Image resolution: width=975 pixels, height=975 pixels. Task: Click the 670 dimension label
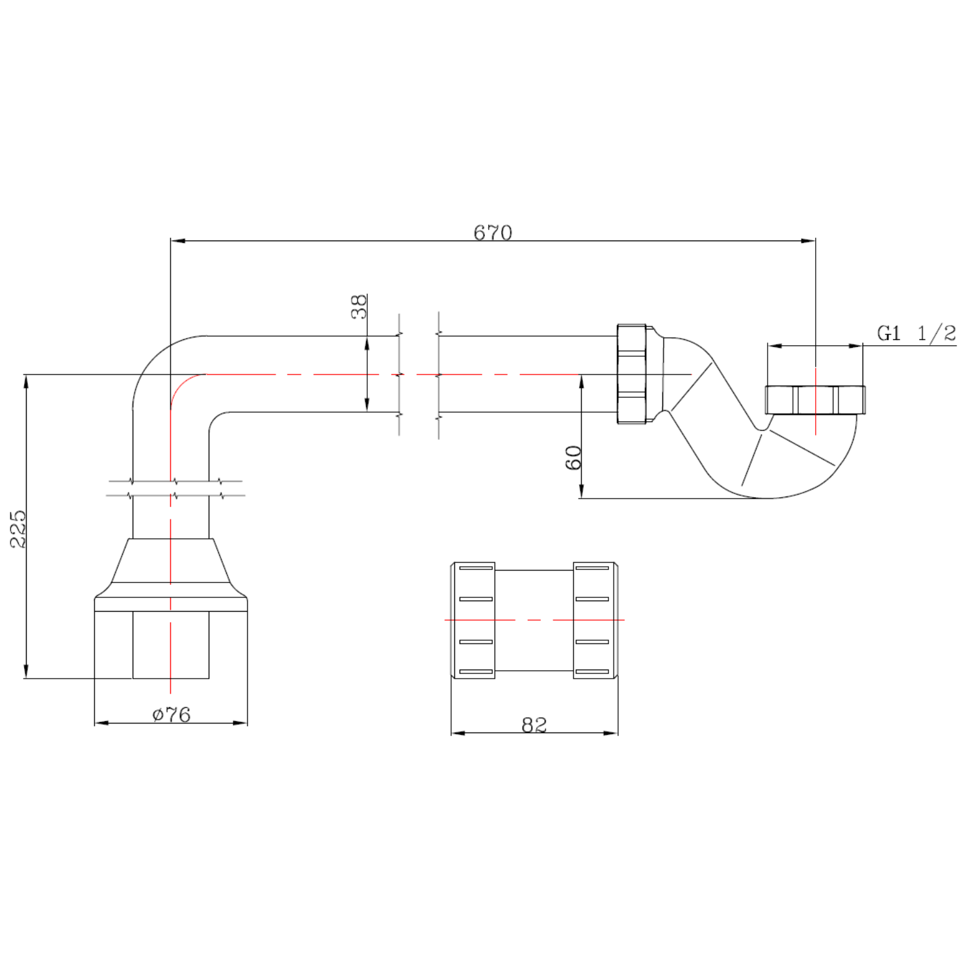coord(493,232)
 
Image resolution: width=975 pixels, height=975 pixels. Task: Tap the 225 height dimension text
coord(18,528)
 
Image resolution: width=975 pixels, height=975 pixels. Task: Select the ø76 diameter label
coord(172,714)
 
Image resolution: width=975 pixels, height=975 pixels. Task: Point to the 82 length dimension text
coord(534,725)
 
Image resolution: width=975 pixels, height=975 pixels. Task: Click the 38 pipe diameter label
coord(359,306)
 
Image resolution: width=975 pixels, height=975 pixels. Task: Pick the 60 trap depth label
coord(573,458)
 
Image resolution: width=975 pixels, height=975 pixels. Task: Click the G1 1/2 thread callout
coord(916,333)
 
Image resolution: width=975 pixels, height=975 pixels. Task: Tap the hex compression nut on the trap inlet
coord(632,374)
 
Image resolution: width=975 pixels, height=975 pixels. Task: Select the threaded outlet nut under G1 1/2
coord(815,400)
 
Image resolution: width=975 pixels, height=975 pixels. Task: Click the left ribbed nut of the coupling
coord(473,620)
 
